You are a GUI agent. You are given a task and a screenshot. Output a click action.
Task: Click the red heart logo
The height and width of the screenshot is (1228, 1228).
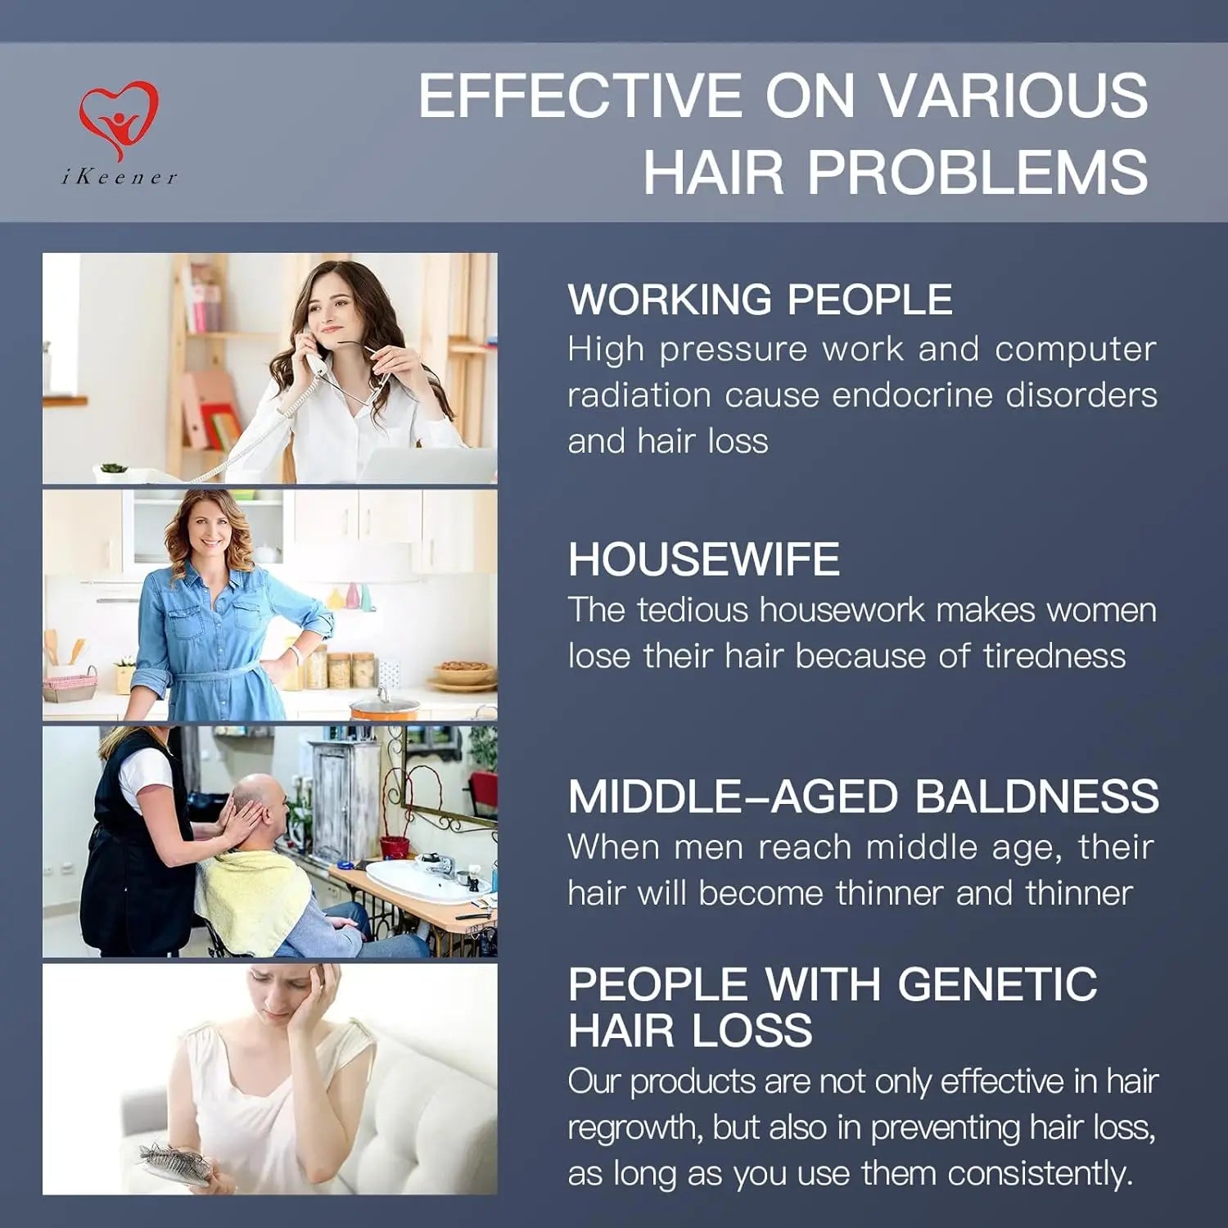point(119,120)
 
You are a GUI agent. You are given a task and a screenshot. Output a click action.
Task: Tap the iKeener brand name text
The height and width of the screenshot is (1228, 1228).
point(120,177)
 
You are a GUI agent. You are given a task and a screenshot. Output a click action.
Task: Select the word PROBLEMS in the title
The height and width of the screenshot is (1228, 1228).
point(978,172)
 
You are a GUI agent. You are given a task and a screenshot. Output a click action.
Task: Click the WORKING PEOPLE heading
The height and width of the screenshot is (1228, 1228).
point(761,299)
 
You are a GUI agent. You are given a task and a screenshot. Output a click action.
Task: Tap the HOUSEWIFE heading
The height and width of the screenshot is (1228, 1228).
point(704,559)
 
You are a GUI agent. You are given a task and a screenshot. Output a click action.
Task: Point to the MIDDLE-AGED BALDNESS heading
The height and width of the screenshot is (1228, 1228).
point(864,797)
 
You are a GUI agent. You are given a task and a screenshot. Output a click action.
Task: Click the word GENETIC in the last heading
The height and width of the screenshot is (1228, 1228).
point(997,983)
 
